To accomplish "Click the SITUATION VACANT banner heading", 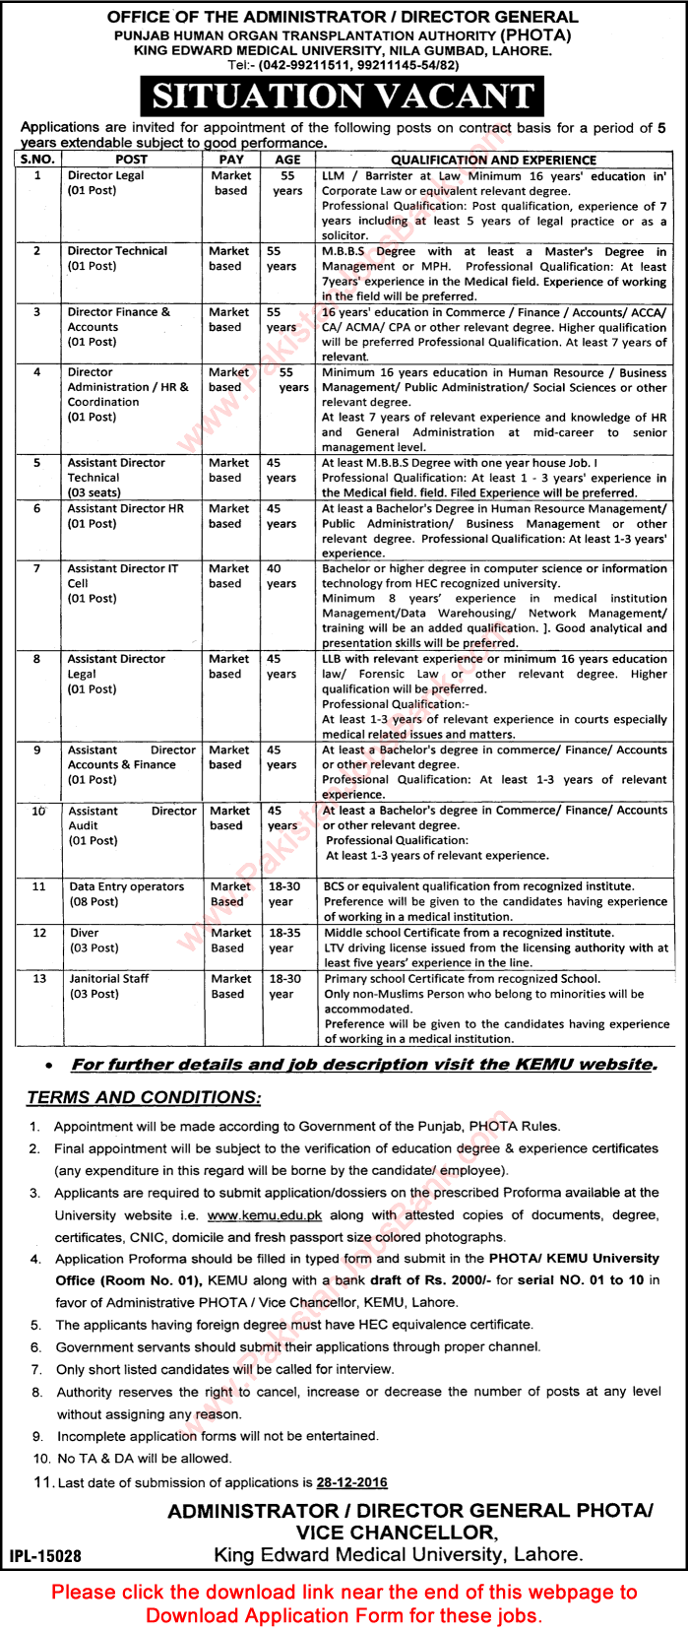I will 343,98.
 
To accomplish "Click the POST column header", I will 131,159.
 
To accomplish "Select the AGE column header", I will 287,159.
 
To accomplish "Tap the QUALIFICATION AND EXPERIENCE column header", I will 493,159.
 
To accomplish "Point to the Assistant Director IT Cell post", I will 122,583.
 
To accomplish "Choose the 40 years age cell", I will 281,575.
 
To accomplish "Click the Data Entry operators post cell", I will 126,893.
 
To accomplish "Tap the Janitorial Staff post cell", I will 108,986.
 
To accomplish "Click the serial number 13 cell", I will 38,978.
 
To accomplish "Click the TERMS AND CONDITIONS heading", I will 144,1097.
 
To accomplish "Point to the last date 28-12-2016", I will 351,1482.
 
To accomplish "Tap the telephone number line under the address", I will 343,64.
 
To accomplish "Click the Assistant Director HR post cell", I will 125,516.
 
